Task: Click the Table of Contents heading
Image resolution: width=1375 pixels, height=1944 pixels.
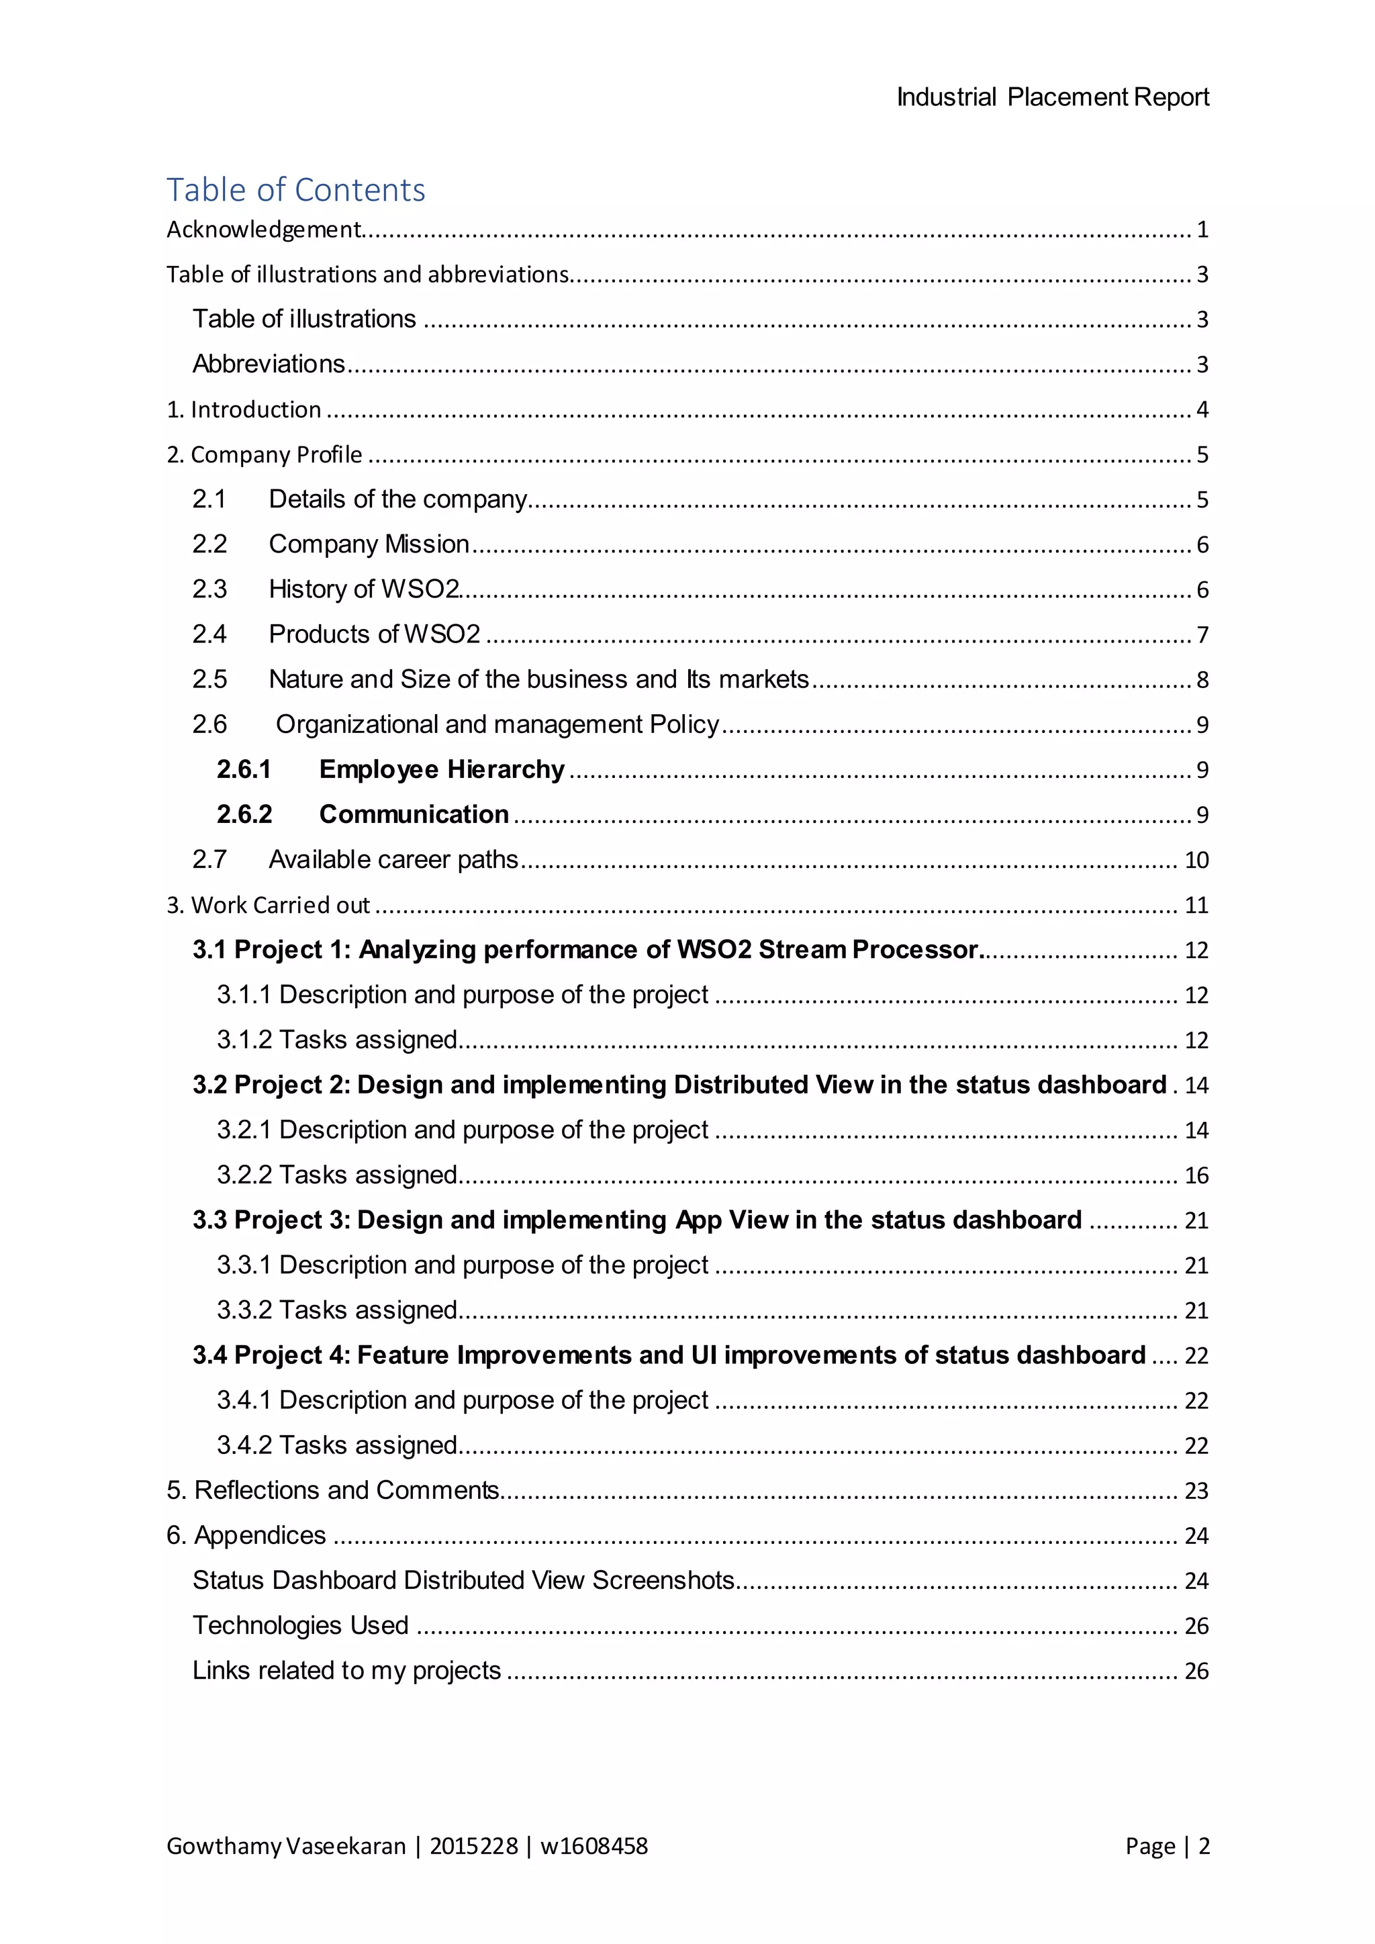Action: (x=295, y=190)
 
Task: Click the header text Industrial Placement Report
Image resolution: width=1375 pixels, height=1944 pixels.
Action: (x=1053, y=97)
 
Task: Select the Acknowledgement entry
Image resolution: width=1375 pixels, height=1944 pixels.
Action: (x=263, y=230)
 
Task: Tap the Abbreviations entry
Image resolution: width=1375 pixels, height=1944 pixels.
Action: (x=269, y=364)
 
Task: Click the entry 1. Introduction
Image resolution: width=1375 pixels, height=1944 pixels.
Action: (x=244, y=409)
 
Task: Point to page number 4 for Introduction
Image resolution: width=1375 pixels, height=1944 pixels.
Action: (x=1201, y=409)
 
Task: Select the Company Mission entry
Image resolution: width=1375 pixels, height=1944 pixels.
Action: (x=369, y=544)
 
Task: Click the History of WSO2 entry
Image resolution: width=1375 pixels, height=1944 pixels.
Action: (x=363, y=589)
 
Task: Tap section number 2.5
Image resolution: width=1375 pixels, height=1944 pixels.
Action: (x=209, y=679)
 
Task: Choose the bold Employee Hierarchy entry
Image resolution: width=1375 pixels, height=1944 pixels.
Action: (x=441, y=770)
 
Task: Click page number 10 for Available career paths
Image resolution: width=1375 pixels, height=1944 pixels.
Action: (x=1196, y=861)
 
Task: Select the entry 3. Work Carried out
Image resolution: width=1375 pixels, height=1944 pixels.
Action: (x=268, y=905)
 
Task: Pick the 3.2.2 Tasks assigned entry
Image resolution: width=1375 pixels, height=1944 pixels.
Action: (x=337, y=1175)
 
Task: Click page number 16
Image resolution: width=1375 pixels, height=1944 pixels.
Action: (x=1196, y=1175)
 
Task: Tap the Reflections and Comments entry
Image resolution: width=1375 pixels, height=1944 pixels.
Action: (x=332, y=1490)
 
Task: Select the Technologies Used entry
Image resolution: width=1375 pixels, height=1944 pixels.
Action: (x=301, y=1626)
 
